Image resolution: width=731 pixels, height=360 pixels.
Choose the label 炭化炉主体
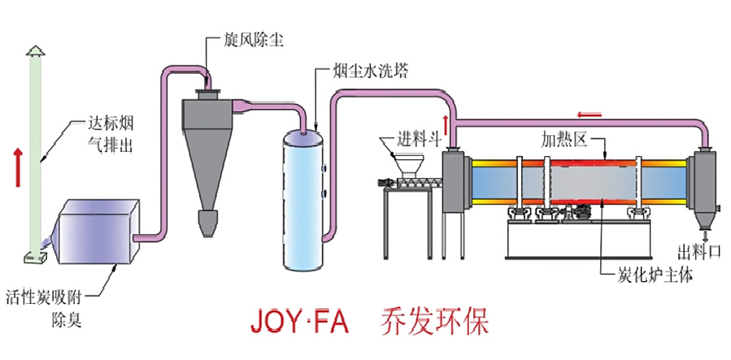point(650,275)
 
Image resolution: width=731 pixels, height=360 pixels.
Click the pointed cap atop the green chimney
point(35,51)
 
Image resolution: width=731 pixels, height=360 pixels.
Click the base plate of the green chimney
point(34,256)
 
